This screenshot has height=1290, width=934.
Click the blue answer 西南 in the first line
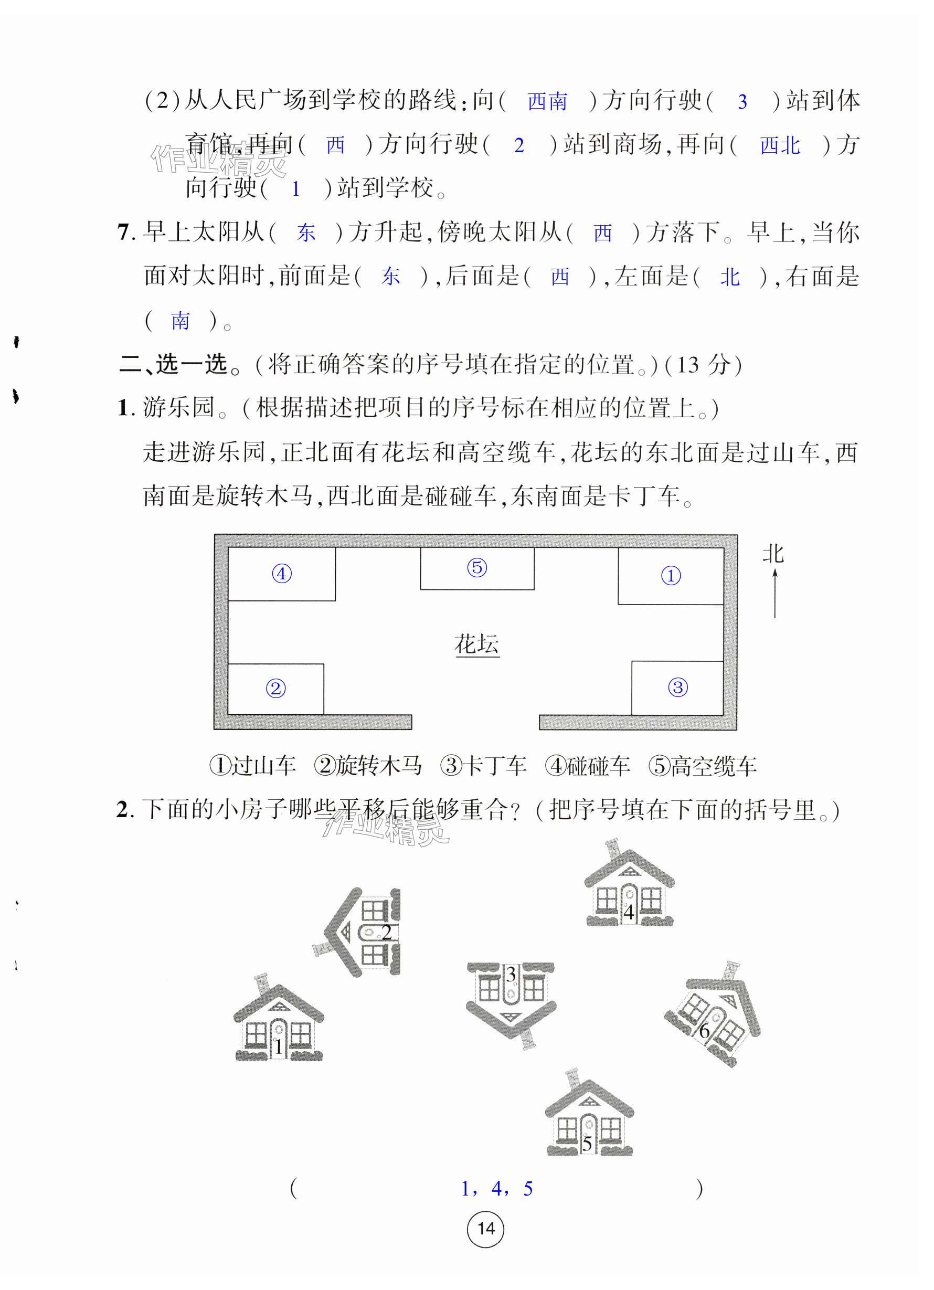pyautogui.click(x=547, y=102)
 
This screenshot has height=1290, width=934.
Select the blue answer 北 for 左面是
pyautogui.click(x=729, y=278)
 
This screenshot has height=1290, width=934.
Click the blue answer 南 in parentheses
pyautogui.click(x=181, y=321)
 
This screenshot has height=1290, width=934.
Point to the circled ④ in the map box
pyautogui.click(x=282, y=573)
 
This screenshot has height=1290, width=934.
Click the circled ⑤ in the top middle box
pyautogui.click(x=476, y=567)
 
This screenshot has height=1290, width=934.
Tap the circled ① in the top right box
pyautogui.click(x=671, y=576)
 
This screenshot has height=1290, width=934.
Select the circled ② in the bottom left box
pyautogui.click(x=276, y=689)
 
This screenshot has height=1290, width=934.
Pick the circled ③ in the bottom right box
pyautogui.click(x=677, y=687)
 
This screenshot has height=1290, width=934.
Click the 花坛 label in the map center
pyautogui.click(x=476, y=644)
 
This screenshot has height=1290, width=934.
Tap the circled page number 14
pyautogui.click(x=485, y=1229)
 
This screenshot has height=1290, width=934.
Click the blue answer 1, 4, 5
pyautogui.click(x=496, y=1189)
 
